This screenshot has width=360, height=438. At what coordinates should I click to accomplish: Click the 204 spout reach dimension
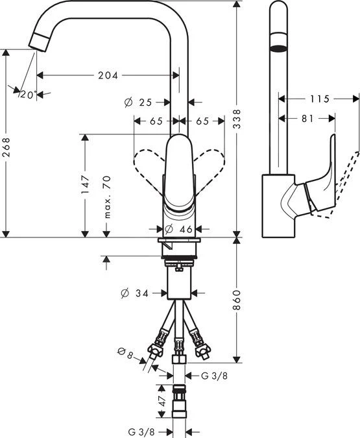click(x=108, y=75)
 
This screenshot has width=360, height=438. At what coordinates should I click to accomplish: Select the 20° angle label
click(x=27, y=95)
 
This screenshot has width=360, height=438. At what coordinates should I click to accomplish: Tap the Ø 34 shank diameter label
click(x=136, y=293)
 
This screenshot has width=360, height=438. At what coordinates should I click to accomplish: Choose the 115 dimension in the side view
click(x=318, y=99)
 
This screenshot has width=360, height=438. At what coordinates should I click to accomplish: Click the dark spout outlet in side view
click(x=278, y=48)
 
